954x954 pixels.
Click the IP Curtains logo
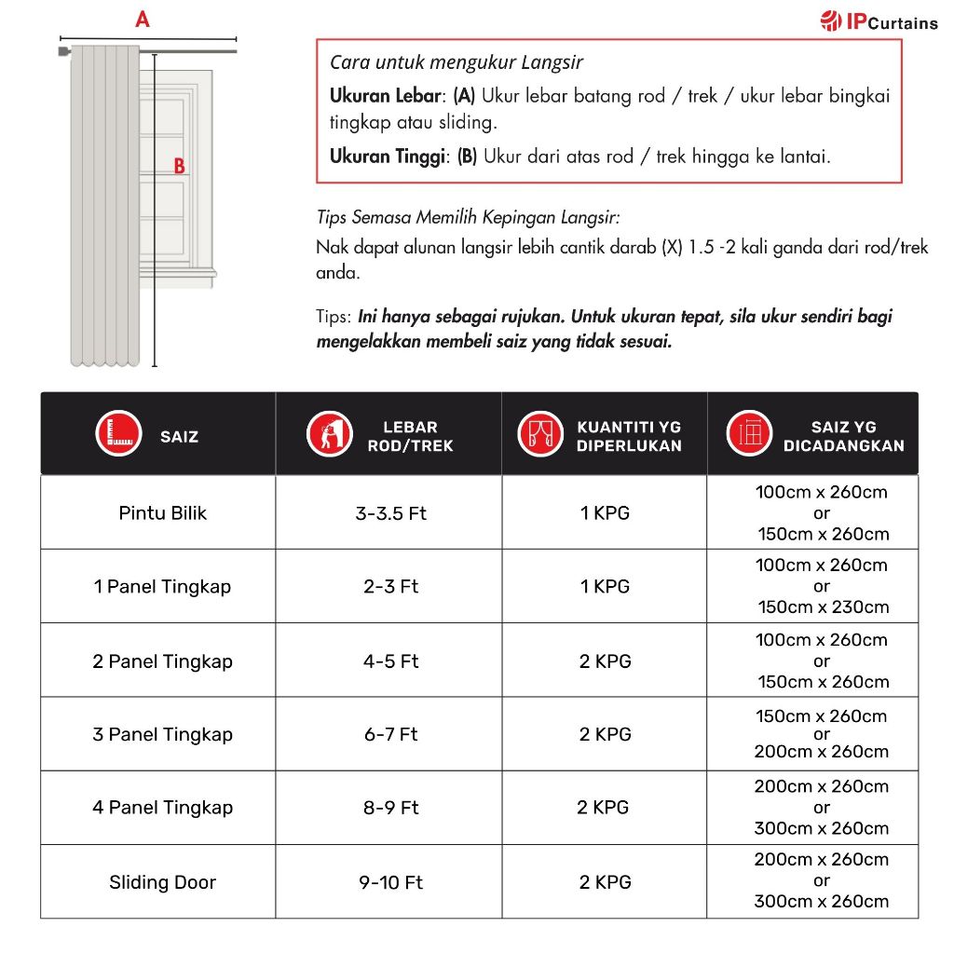879,20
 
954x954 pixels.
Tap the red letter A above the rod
143,19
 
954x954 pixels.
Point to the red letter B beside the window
180,167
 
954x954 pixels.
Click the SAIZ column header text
179,436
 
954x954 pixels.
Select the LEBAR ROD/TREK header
410,436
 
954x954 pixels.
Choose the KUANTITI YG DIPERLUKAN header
629,436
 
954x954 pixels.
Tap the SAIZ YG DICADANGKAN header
843,436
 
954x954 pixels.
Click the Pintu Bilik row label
162,512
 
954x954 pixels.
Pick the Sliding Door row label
162,881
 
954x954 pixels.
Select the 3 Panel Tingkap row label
162,734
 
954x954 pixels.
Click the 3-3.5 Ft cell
390,512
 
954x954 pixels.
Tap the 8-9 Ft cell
390,808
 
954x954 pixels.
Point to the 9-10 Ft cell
390,881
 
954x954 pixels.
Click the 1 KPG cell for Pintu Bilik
605,512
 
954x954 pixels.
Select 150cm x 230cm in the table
823,607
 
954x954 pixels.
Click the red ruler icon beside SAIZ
118,434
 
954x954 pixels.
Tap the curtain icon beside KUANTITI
540,434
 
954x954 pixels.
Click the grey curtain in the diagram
105,205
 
